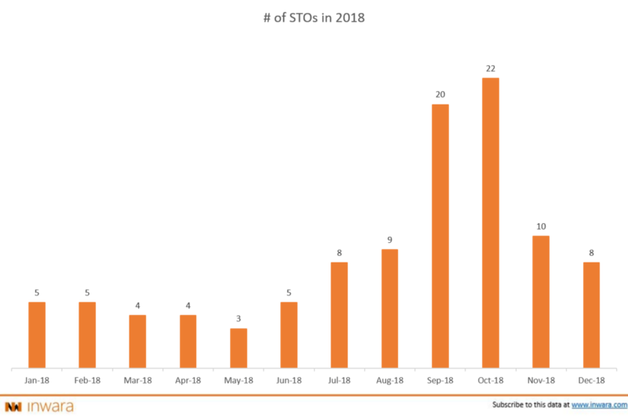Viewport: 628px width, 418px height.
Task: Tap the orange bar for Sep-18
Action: [440, 235]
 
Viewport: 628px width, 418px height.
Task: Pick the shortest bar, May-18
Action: [239, 347]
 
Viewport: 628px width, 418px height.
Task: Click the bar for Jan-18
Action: [37, 334]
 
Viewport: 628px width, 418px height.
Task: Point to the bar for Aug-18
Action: [389, 307]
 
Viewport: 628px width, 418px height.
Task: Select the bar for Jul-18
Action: [339, 314]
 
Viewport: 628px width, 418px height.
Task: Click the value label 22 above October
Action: [491, 69]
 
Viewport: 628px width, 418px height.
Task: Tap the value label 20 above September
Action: [440, 95]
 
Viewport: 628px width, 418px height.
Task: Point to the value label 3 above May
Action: [239, 320]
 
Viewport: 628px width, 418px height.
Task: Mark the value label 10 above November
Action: [541, 227]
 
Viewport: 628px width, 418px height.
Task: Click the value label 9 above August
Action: [389, 240]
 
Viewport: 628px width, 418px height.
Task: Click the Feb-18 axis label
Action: [87, 380]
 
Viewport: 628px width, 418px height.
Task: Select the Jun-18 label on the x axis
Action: [289, 380]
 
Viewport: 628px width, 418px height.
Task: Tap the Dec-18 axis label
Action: [591, 380]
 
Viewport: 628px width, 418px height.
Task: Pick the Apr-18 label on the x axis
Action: [188, 380]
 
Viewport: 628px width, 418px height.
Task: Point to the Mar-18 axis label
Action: [137, 380]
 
